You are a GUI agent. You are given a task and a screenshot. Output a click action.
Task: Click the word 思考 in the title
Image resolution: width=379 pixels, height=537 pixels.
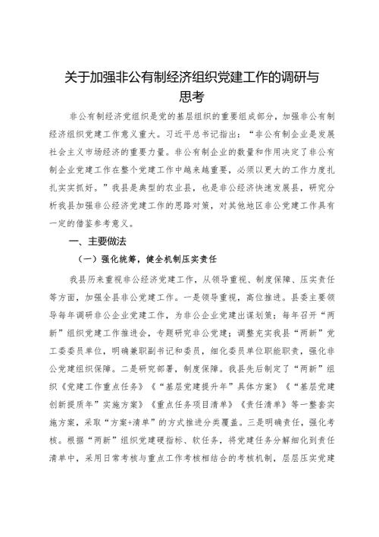[190, 96]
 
